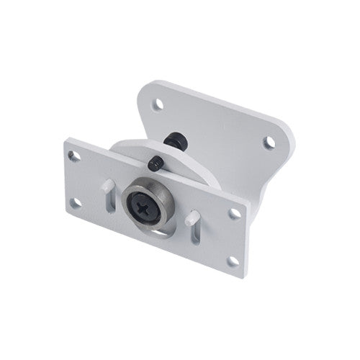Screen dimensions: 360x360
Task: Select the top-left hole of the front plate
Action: click(x=72, y=155)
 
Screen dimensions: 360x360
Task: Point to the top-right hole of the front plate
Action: click(x=235, y=213)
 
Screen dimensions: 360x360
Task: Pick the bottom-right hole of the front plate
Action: click(x=232, y=261)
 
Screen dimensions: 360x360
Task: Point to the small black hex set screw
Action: click(x=156, y=165)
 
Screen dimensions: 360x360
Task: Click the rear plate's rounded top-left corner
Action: click(x=144, y=85)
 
